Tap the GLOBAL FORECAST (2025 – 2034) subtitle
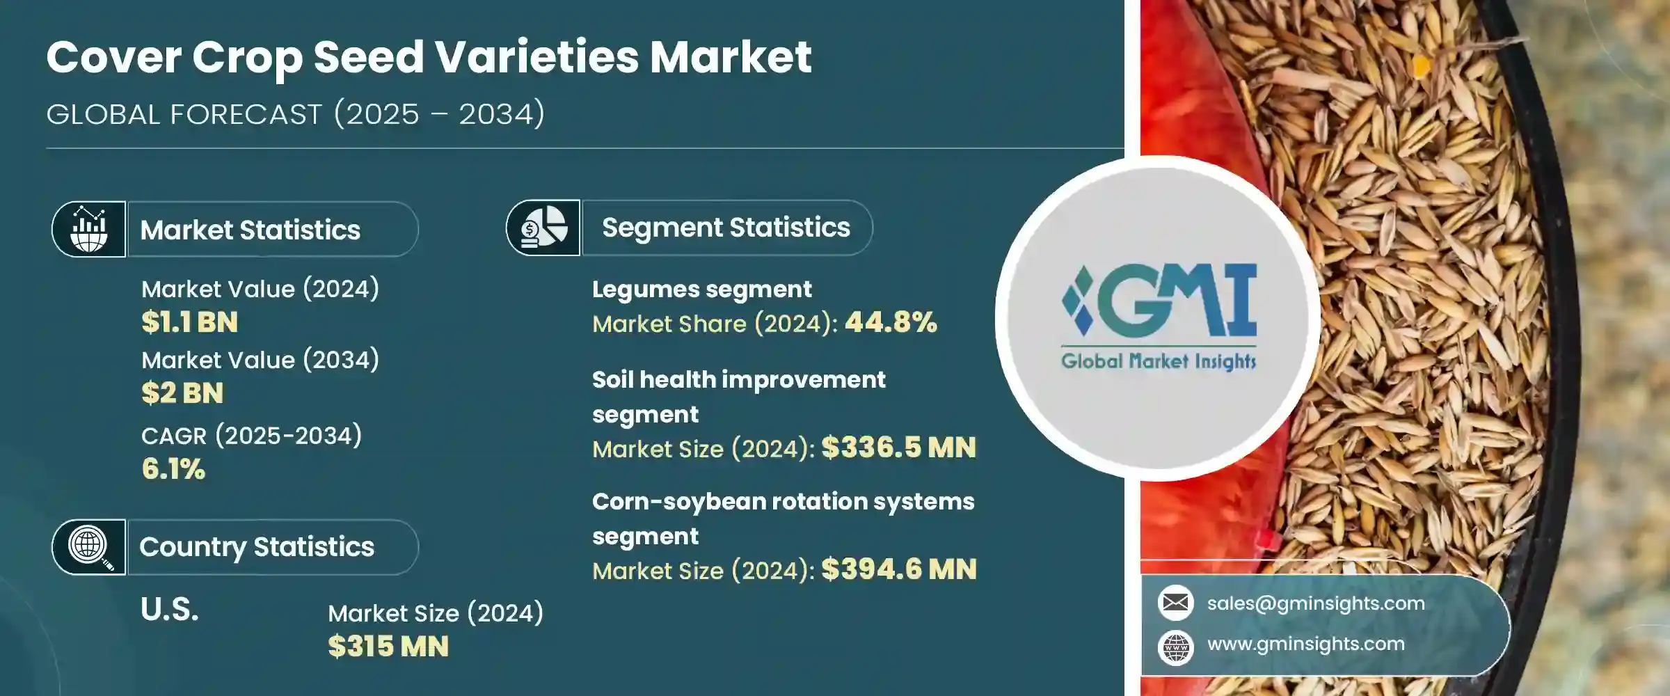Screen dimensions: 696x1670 click(x=296, y=114)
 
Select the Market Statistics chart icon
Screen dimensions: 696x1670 click(x=89, y=229)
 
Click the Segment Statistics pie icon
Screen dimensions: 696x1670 click(x=543, y=228)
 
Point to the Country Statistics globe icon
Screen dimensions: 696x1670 click(x=89, y=547)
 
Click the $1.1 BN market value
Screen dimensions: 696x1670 click(x=189, y=322)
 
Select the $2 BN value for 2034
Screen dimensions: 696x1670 click(x=182, y=393)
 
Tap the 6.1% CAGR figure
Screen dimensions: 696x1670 click(x=173, y=469)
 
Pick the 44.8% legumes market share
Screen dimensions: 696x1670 click(x=891, y=322)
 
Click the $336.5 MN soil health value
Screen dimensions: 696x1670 click(x=898, y=448)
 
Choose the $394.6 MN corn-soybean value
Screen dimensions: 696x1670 click(x=898, y=569)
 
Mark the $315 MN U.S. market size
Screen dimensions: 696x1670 click(x=388, y=647)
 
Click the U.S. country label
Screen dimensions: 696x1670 click(x=170, y=610)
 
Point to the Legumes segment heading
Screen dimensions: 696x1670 click(x=701, y=290)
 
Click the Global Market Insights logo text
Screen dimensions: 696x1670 click(x=1159, y=361)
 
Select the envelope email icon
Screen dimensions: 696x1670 click(x=1176, y=603)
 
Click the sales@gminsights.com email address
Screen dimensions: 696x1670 click(x=1316, y=603)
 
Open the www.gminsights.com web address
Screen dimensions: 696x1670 click(x=1306, y=644)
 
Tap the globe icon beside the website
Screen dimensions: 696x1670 click(x=1176, y=647)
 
